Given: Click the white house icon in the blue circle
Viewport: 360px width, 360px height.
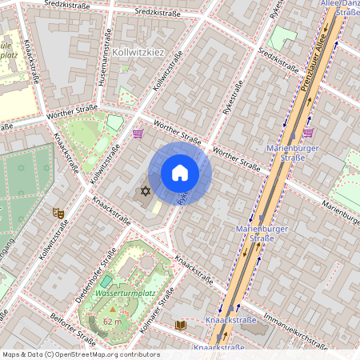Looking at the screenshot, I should pyautogui.click(x=180, y=173).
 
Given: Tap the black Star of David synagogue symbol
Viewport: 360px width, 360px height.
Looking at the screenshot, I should pyautogui.click(x=145, y=191).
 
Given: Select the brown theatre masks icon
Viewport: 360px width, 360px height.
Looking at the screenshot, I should pyautogui.click(x=58, y=213).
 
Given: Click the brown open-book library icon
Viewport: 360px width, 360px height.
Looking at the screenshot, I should pyautogui.click(x=181, y=325).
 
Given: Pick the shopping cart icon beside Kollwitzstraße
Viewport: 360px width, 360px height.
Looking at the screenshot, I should pyautogui.click(x=138, y=134).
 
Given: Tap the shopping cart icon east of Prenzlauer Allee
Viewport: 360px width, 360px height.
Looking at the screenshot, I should pyautogui.click(x=308, y=132).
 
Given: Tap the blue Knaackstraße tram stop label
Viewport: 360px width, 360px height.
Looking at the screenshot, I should pyautogui.click(x=231, y=320).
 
